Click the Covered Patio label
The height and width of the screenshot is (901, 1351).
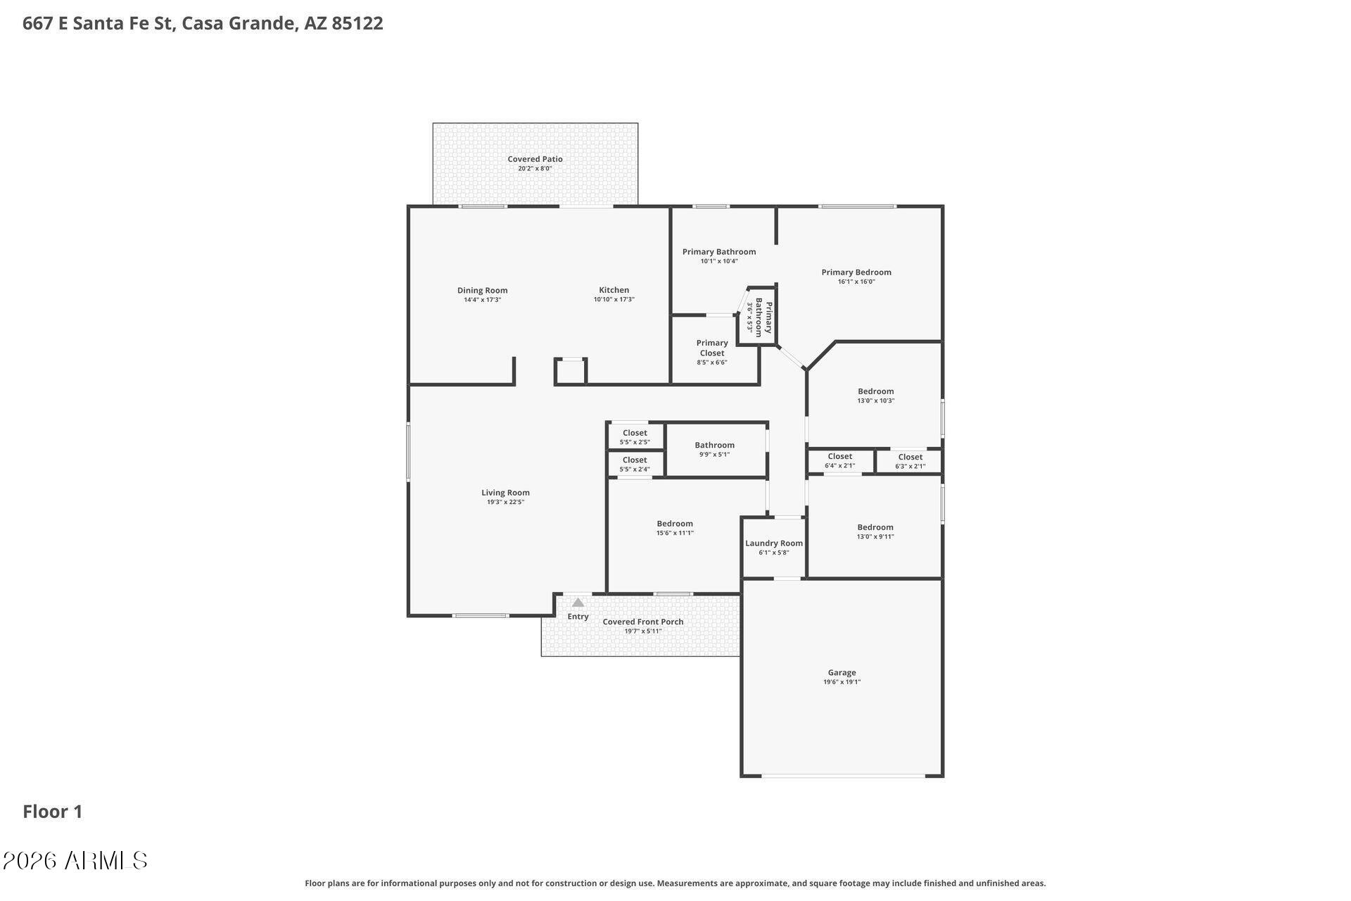(x=535, y=159)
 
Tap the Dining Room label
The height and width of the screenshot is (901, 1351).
(x=482, y=290)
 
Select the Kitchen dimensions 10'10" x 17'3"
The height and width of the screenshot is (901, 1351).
(x=614, y=299)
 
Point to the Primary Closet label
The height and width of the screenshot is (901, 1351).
(x=712, y=348)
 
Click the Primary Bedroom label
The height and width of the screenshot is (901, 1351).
(x=856, y=272)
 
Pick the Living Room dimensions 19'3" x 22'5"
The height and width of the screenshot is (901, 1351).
(x=505, y=502)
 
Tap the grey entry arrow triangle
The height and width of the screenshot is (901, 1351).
(x=578, y=603)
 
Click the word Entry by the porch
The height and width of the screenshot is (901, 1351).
(x=578, y=617)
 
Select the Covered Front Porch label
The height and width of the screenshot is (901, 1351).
(x=643, y=622)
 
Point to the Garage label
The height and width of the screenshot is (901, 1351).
(x=842, y=672)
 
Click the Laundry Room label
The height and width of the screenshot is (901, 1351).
(x=774, y=543)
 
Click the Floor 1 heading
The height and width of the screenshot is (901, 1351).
(x=53, y=812)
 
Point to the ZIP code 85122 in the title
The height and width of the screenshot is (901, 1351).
(x=357, y=23)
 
